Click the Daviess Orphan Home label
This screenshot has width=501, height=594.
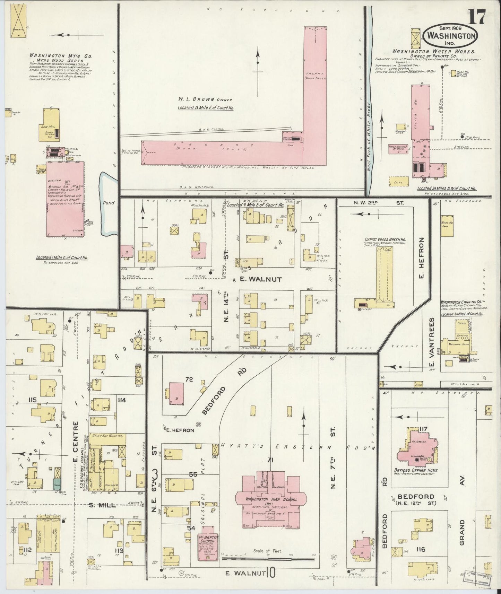click(420, 470)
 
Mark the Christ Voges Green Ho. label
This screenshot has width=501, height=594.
click(385, 239)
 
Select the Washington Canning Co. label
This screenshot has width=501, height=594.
click(463, 302)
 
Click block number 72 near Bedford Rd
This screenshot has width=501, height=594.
click(189, 379)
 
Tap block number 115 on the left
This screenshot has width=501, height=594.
click(33, 400)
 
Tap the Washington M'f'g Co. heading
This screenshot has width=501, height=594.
click(60, 55)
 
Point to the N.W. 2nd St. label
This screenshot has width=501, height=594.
click(379, 203)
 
